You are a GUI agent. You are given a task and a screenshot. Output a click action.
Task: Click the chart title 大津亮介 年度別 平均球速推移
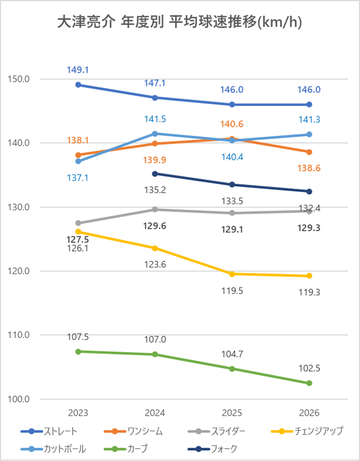coord(180,23)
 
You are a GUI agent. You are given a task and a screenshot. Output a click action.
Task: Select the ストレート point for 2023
coord(78,85)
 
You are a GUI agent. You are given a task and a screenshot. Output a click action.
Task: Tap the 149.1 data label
coord(78,70)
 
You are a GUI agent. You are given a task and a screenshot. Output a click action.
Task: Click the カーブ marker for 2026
coord(309,383)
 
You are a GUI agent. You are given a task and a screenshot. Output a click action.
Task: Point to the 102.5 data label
coord(309,369)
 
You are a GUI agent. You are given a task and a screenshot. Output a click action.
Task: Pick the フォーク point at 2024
coord(155,174)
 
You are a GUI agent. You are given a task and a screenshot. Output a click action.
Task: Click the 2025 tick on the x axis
coord(232,413)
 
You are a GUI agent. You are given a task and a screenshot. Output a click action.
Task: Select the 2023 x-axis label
coord(78,413)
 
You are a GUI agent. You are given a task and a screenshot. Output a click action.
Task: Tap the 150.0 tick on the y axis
coord(19,79)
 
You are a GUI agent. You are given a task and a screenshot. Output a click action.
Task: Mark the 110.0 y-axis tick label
coord(19,335)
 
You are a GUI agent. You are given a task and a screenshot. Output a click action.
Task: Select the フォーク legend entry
coord(214,449)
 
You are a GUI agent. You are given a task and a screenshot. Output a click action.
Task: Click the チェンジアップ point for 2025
coord(232,274)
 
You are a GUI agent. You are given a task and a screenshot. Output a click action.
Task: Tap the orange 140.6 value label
coord(232,124)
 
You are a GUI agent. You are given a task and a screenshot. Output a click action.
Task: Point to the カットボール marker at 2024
coord(155,134)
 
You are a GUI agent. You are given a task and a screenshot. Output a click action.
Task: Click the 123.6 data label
coord(155,264)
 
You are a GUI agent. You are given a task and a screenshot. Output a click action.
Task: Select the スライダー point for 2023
coord(78,223)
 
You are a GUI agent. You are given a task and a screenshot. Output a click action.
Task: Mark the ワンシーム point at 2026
coord(309,152)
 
